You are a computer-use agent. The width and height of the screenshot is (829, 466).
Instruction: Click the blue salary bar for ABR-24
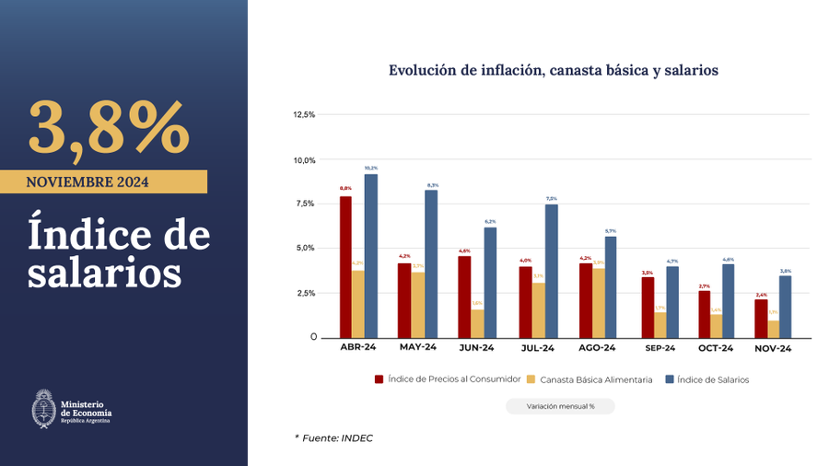(370, 255)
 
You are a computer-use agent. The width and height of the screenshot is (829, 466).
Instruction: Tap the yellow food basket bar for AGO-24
(599, 303)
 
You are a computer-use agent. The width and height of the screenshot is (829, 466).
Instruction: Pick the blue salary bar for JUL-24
(551, 271)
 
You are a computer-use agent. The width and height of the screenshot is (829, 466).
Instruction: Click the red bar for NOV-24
(761, 319)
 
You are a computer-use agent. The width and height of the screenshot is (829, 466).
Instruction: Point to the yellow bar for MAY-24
(418, 305)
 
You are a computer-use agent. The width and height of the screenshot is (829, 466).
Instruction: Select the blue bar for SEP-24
(672, 302)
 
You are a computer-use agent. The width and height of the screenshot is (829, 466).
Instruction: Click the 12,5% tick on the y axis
(304, 115)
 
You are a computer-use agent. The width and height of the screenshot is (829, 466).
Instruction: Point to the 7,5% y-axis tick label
(305, 204)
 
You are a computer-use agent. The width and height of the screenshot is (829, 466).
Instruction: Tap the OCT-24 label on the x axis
(715, 348)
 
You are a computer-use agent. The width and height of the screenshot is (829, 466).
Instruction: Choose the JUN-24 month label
(476, 348)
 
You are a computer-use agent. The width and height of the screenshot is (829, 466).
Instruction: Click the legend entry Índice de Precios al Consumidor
(448, 379)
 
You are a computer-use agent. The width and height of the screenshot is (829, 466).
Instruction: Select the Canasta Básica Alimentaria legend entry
(590, 379)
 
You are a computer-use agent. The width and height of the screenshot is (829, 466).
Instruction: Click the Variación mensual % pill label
(560, 406)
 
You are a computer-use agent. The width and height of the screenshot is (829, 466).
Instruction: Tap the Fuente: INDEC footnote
(333, 438)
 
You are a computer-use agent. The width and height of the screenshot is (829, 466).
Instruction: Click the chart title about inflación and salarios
(553, 70)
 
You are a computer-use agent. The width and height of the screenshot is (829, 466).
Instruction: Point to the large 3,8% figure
(109, 129)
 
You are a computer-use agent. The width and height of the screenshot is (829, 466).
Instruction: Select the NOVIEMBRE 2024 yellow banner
(103, 181)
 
